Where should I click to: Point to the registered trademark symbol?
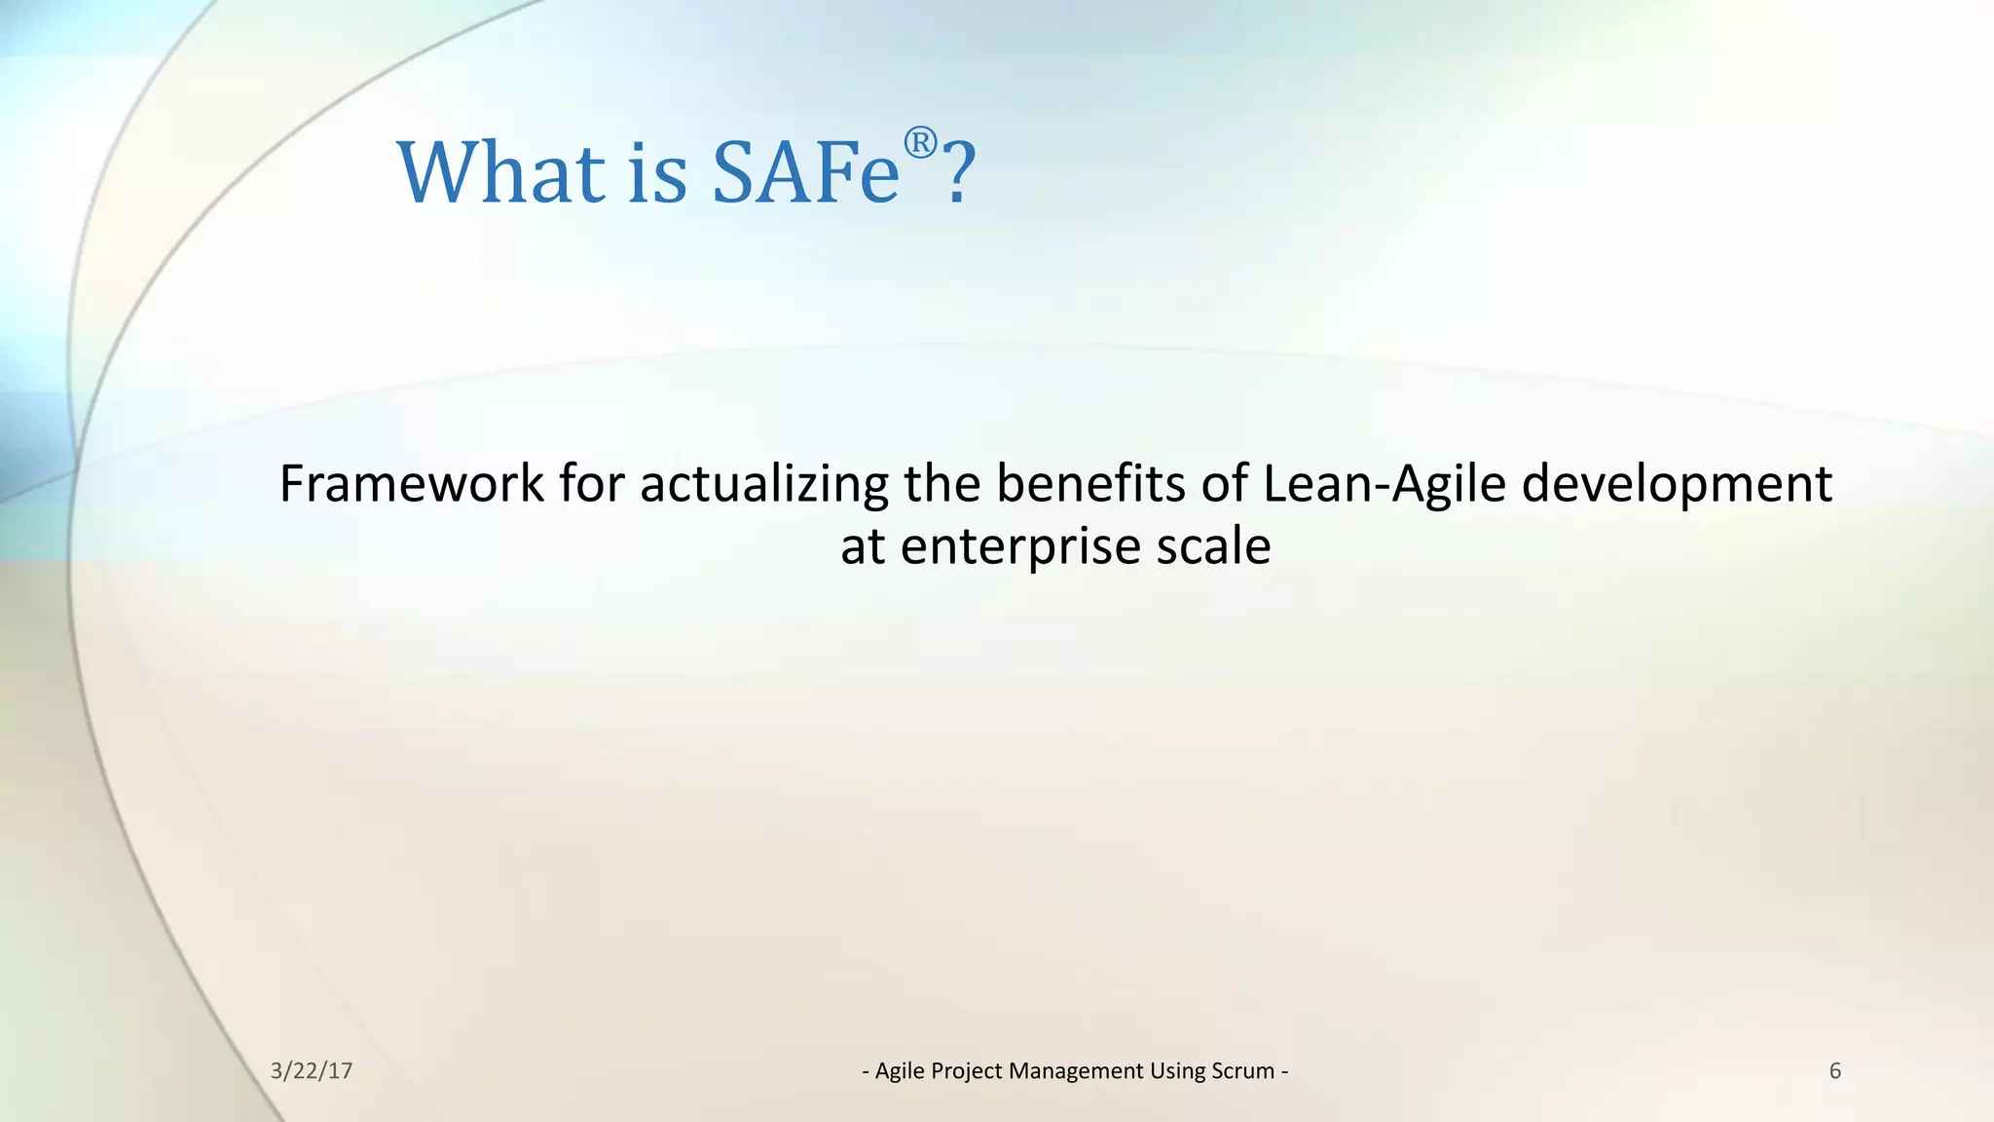[x=920, y=144]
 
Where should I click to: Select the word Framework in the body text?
[x=411, y=484]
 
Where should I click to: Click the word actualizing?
[x=763, y=484]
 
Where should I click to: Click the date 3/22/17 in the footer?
[x=311, y=1071]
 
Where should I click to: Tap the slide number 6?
[x=1834, y=1071]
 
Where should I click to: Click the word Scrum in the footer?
[x=1242, y=1071]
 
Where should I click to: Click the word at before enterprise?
[x=863, y=547]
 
